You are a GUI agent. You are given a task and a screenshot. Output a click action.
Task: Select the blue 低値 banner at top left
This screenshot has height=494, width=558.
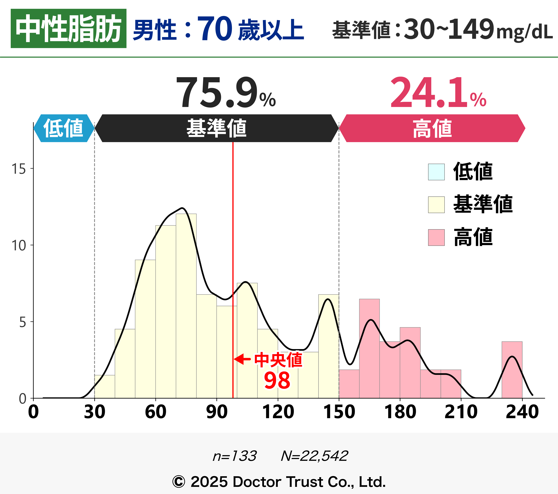64,128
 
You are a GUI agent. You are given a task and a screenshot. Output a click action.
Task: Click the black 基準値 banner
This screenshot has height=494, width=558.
216,128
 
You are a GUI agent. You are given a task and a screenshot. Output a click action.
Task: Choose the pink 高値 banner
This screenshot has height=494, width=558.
432,128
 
